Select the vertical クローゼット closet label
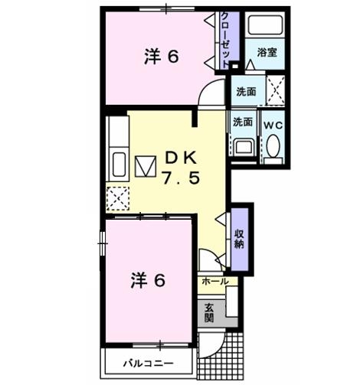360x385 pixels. point(227,40)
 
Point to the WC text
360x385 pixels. point(273,122)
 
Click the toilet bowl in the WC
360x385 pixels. point(273,146)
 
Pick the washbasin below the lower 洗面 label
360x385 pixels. point(244,146)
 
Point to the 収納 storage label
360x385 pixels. point(240,238)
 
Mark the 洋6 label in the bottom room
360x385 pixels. point(147,280)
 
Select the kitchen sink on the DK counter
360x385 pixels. point(119,165)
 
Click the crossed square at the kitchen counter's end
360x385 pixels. point(118,199)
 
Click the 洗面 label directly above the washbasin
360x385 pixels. point(243,121)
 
